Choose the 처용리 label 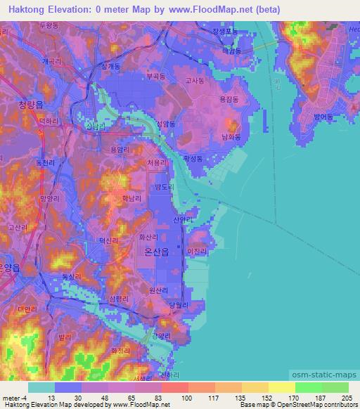(x=156, y=162)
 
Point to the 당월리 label (x=179, y=306)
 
